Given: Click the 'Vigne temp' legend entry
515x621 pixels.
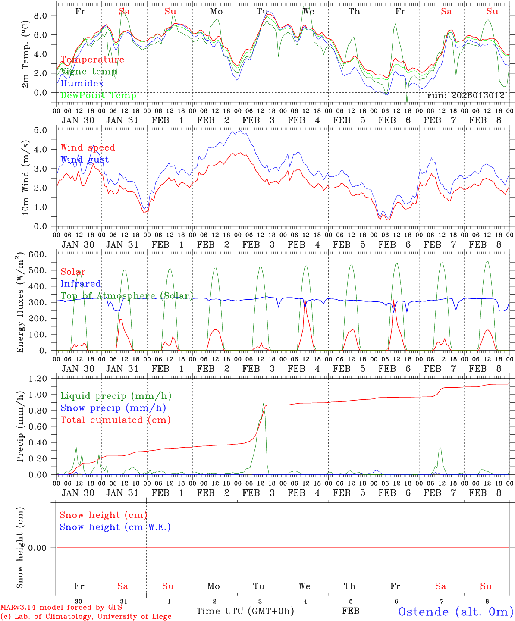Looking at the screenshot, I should [x=88, y=72].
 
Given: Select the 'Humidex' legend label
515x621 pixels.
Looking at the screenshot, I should [x=82, y=84].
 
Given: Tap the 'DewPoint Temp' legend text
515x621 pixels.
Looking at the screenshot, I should [x=98, y=95].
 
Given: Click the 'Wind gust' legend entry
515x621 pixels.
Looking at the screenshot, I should [x=85, y=160].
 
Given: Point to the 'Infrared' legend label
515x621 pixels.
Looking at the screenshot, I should [x=81, y=284].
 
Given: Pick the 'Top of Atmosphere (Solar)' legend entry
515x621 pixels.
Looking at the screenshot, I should [x=127, y=296].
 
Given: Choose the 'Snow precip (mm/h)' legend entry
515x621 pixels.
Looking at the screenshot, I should [x=113, y=408].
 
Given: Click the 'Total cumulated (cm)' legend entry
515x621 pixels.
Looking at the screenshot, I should [x=116, y=420].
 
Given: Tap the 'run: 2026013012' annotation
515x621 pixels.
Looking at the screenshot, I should [x=465, y=95].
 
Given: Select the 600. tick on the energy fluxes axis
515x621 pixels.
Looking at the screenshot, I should [x=37, y=254].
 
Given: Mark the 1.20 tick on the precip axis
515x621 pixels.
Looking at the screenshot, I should [x=38, y=379].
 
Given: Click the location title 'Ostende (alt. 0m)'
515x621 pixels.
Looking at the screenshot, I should [x=455, y=612].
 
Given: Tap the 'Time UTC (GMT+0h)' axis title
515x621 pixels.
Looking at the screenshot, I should [x=245, y=611].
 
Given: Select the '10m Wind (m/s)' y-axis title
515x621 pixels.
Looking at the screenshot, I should [x=25, y=177].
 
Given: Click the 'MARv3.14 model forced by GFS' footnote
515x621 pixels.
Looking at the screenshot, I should [x=61, y=608].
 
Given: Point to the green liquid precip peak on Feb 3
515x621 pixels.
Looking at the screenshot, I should [x=264, y=404].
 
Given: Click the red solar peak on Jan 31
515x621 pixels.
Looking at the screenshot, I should [x=121, y=319].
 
